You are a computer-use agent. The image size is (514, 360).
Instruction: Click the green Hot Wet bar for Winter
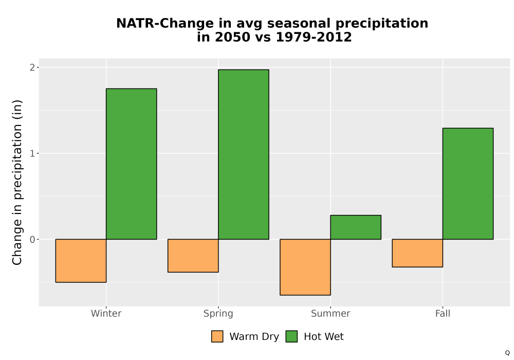(x=132, y=164)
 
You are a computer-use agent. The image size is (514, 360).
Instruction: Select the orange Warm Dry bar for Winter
(x=81, y=261)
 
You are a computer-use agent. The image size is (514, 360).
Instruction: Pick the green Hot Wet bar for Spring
(x=244, y=154)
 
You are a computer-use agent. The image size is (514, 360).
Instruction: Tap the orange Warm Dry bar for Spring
(x=193, y=256)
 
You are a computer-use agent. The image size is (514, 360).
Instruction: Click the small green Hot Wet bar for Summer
(x=356, y=227)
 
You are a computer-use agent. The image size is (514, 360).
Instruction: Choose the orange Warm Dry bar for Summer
(x=305, y=267)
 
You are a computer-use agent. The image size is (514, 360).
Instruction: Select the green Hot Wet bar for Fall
(x=468, y=184)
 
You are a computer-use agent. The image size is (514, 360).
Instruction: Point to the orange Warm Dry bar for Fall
(x=417, y=253)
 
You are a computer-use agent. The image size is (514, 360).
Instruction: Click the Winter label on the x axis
(x=106, y=313)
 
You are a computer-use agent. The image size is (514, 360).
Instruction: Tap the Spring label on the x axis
(x=218, y=314)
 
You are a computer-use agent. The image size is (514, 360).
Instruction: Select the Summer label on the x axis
(x=331, y=313)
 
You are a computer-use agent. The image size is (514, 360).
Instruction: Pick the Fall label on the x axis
(x=443, y=313)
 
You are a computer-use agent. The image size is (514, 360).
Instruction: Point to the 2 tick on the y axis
(x=32, y=67)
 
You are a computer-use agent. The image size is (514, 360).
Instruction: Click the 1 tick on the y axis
(x=32, y=153)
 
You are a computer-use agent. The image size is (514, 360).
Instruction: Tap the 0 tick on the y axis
(x=32, y=239)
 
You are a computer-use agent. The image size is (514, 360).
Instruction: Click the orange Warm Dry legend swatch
(x=217, y=336)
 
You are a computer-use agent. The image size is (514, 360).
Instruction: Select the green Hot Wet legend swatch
(x=291, y=336)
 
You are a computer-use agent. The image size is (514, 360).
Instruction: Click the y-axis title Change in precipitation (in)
(x=17, y=182)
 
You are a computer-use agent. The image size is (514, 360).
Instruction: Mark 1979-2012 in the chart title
(x=314, y=37)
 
